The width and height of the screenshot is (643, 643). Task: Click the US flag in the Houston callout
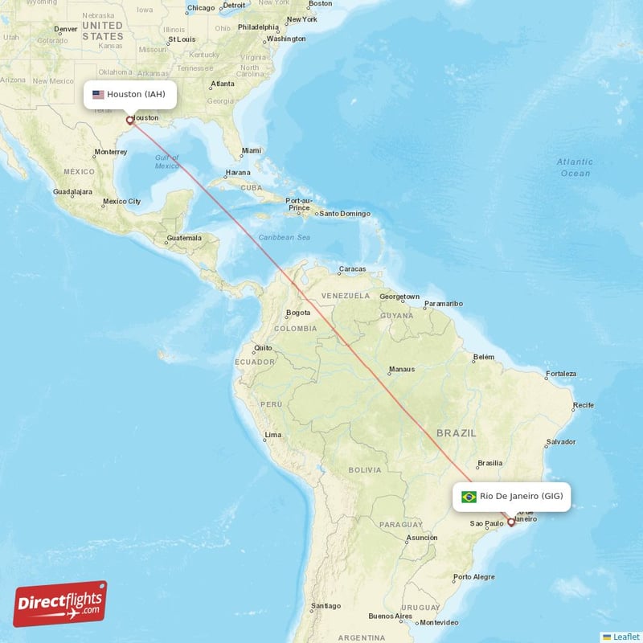click(x=98, y=95)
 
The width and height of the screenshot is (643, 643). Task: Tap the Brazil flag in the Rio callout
click(x=469, y=497)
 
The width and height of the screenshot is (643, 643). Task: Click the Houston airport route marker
click(x=129, y=121)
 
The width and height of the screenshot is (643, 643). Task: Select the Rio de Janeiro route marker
click(x=510, y=522)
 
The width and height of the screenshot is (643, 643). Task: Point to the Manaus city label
click(x=401, y=370)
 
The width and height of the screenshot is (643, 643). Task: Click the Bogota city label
click(x=297, y=313)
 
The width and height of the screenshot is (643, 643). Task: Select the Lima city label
click(x=273, y=435)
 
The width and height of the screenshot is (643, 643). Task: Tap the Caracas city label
click(x=352, y=269)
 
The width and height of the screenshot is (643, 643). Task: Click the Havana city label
click(x=238, y=173)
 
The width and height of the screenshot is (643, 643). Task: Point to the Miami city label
click(x=252, y=150)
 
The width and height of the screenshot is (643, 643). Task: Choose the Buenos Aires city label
click(x=390, y=616)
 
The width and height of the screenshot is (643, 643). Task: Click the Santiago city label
click(x=327, y=606)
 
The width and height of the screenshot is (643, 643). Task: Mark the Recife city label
click(x=584, y=405)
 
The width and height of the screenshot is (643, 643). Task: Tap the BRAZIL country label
click(x=457, y=433)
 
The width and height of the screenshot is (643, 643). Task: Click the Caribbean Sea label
click(x=284, y=237)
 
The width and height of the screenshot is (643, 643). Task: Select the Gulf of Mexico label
click(x=167, y=162)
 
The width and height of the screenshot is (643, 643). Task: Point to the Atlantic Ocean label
click(x=575, y=167)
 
